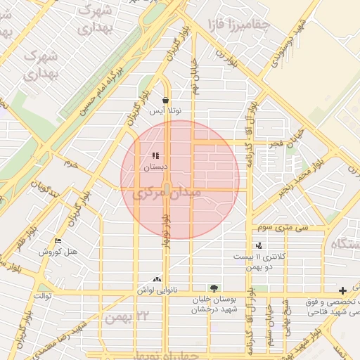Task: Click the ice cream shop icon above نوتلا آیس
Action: pos(165,101)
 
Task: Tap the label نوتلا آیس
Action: pos(168,112)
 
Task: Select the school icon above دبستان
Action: pos(155,156)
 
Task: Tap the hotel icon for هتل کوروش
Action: pos(58,241)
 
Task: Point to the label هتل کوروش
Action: pos(58,252)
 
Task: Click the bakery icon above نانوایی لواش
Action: pos(156,279)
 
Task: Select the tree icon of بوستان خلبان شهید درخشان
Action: pos(214,288)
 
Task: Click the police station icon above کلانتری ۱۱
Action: pos(260,245)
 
